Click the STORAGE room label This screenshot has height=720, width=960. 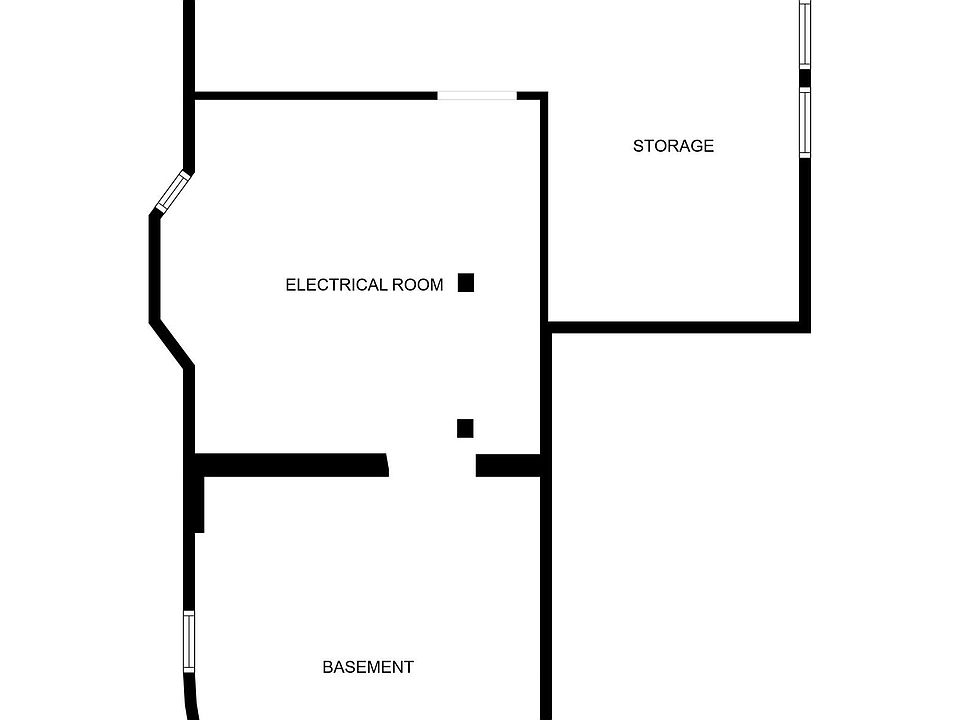[673, 146]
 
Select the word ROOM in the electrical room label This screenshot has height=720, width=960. [418, 285]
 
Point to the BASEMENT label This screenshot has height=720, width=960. [368, 667]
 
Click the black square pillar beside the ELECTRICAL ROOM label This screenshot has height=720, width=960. [466, 282]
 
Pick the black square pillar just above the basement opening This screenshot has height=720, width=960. [465, 429]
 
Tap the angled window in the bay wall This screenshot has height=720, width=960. [174, 191]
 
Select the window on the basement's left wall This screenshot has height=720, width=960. [189, 642]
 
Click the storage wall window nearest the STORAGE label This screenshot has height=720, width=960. [805, 122]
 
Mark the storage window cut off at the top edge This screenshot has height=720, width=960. [805, 34]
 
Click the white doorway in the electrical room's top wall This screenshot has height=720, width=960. [477, 96]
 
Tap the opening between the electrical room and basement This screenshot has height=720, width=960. [432, 465]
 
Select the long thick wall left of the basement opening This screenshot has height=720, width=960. [291, 465]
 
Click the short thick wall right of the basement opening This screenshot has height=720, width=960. [508, 465]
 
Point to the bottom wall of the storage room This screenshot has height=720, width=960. [679, 328]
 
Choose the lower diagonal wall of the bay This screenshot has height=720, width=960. [172, 343]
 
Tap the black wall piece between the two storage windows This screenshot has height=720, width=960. [805, 78]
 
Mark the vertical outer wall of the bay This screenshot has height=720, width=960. [155, 267]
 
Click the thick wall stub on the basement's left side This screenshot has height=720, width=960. [199, 504]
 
